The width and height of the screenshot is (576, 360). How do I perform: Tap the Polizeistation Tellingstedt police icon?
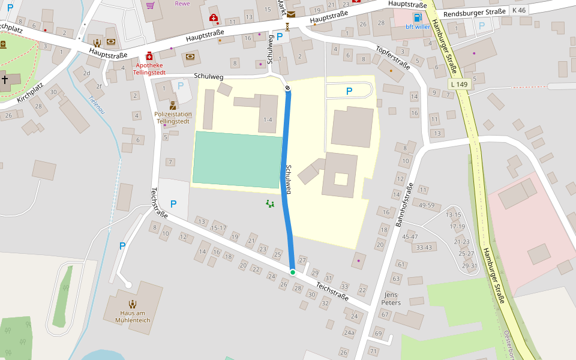coord(173,106)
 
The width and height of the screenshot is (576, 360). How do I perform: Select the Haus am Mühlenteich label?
coord(133,317)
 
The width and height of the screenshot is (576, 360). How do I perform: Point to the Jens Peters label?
coord(391,299)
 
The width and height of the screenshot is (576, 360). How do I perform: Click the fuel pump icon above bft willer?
coord(418,17)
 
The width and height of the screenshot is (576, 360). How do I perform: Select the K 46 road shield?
coord(518,11)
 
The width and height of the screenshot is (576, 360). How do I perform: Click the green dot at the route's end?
coord(293,272)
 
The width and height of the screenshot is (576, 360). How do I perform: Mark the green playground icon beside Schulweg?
coord(270,204)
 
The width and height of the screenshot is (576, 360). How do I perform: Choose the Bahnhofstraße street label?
coord(404,204)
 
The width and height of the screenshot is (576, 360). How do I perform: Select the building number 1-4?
coord(268,120)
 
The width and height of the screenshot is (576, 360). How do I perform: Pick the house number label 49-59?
coord(427,205)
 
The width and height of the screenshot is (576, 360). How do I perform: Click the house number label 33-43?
coord(424,247)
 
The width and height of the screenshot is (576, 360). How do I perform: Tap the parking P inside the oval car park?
coord(349,91)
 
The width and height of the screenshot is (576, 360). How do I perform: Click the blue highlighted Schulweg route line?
coord(287,180)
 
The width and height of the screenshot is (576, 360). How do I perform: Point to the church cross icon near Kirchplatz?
coord(5,79)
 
